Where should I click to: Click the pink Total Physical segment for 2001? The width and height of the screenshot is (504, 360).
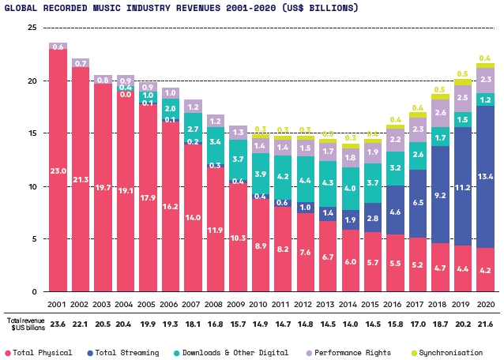click(x=58, y=171)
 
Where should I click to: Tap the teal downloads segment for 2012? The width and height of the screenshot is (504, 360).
click(x=305, y=180)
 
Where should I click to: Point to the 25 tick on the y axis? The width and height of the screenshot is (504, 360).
click(x=32, y=28)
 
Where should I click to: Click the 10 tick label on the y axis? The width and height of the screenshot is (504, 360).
click(x=32, y=186)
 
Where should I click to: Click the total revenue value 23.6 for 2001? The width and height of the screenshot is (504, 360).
click(x=58, y=323)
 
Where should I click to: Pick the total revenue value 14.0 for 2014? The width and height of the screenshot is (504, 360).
click(x=350, y=323)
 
